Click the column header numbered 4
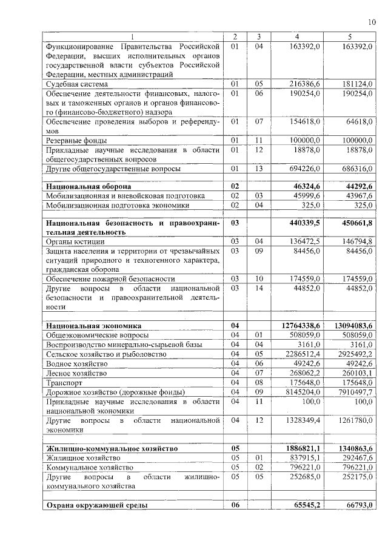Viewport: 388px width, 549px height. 296,36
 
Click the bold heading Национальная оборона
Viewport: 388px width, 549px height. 89,186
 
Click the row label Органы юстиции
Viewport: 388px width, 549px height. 75,241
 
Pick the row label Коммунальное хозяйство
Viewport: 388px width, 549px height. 90,468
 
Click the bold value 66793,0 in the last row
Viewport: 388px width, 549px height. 356,505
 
